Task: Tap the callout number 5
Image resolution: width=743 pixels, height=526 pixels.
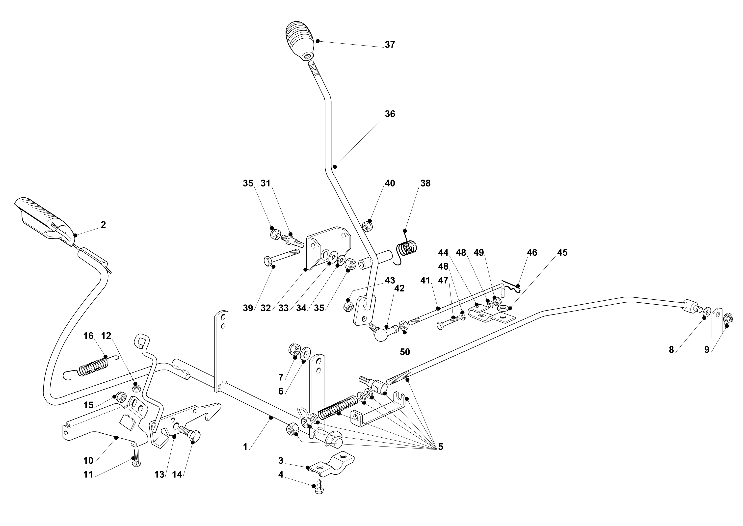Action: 441,447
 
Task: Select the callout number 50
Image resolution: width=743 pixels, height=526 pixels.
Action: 405,352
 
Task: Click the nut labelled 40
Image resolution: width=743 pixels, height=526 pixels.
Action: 367,226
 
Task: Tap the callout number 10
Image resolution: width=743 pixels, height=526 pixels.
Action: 88,461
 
